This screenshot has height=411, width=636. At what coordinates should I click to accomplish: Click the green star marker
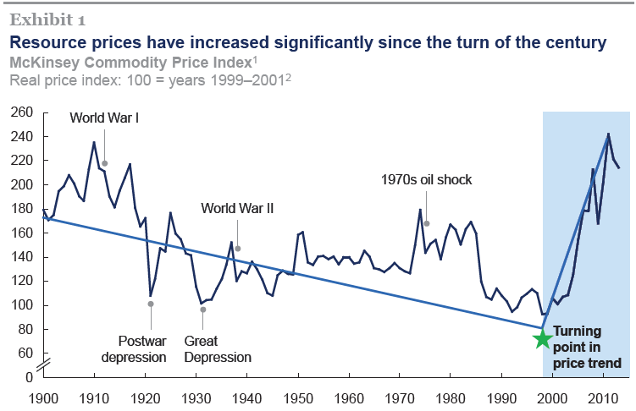543,339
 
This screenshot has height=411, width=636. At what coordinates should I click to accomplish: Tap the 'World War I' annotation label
104,118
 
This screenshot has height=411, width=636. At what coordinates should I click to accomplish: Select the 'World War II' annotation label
237,207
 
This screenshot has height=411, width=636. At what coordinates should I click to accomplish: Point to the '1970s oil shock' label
426,179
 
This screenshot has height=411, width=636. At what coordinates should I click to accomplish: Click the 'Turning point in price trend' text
587,348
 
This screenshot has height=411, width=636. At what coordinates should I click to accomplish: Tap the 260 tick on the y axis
22,112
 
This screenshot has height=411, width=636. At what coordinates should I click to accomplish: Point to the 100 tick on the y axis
22,305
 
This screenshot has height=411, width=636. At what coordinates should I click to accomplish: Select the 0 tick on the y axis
28,376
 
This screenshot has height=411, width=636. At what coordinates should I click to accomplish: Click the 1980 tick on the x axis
450,397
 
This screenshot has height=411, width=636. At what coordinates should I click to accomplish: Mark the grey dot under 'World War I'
104,163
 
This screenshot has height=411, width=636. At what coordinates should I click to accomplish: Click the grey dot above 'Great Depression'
202,310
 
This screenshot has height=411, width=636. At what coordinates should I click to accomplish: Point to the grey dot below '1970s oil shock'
426,223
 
